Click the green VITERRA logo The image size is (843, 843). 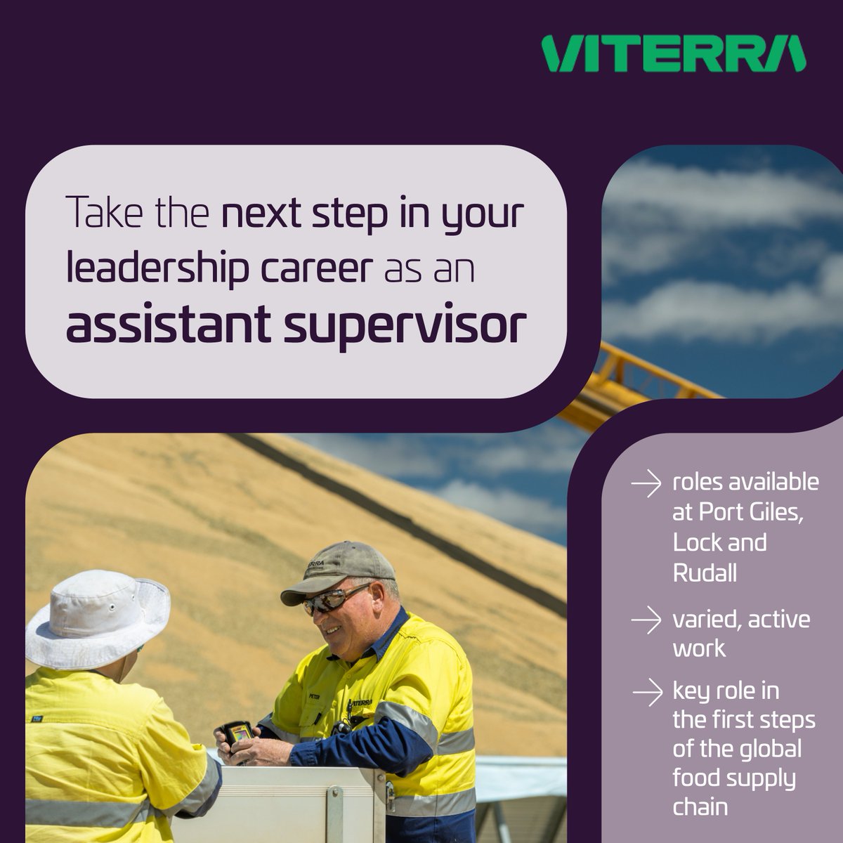coord(674,54)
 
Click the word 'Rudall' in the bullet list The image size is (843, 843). coord(705,573)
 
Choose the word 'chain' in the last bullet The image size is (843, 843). coord(700,806)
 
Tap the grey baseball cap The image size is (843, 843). coord(339,570)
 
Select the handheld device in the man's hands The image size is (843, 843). coord(237,735)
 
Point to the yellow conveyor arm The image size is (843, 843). coord(632,379)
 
